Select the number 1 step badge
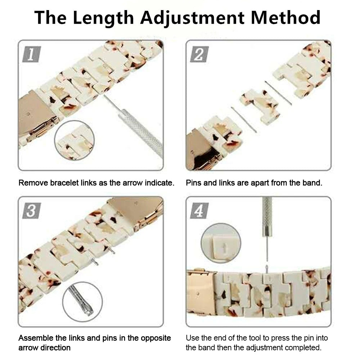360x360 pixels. [x=31, y=55]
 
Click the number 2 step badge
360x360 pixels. [x=199, y=55]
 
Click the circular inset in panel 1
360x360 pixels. [x=75, y=141]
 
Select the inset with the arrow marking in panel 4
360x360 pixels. [x=221, y=243]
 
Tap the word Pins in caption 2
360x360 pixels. [x=194, y=183]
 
